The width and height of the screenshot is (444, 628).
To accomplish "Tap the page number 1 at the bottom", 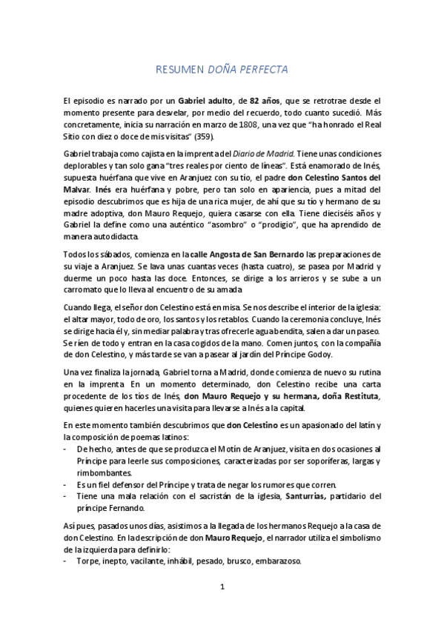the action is coord(222,588).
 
